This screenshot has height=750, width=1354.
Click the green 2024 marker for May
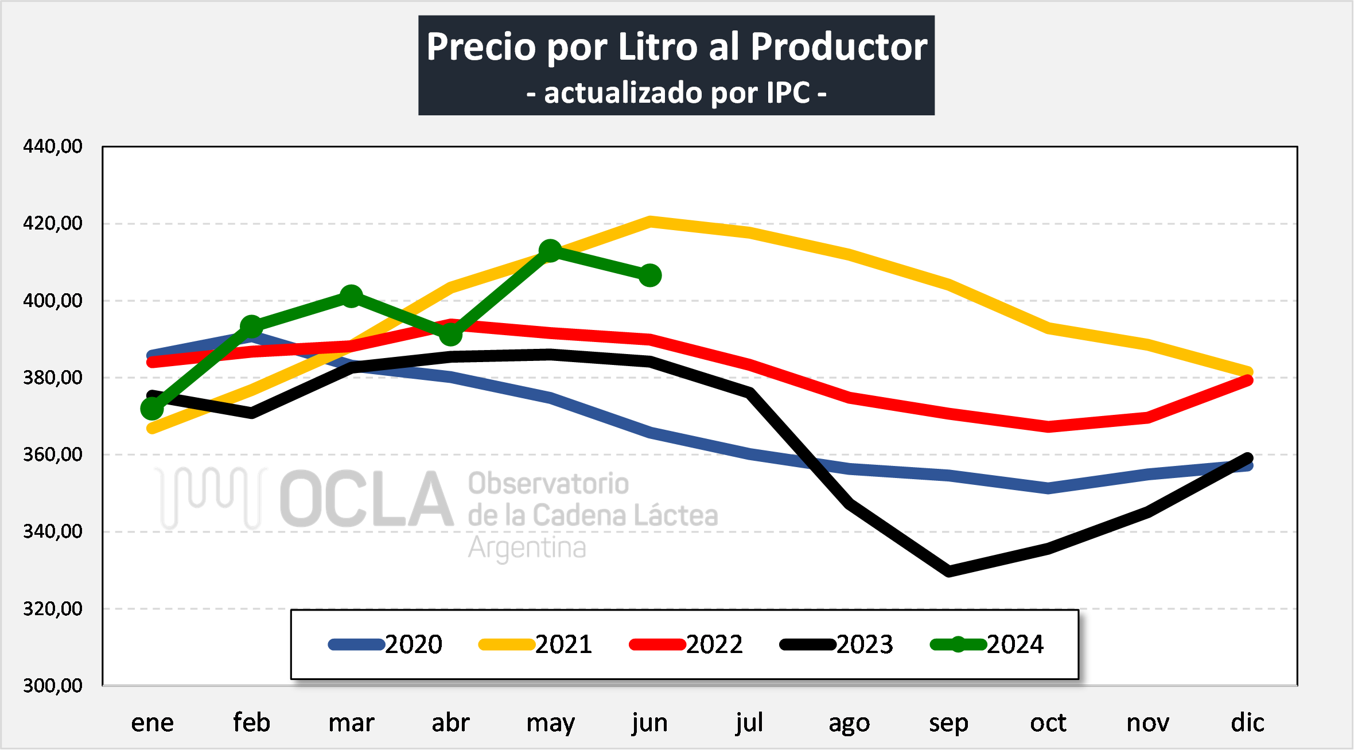tap(550, 251)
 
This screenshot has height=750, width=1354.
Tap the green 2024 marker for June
tap(649, 275)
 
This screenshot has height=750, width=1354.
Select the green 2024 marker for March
tap(351, 296)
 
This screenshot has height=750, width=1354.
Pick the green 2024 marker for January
tap(152, 409)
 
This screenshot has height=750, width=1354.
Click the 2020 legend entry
tap(386, 644)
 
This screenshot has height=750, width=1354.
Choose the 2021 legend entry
tap(536, 644)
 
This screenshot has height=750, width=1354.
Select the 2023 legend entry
tap(836, 644)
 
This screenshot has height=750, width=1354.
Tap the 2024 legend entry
tap(987, 644)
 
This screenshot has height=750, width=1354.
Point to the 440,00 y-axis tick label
tap(53, 146)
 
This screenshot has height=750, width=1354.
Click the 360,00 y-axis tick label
tap(53, 454)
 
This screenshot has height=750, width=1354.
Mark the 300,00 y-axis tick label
tap(53, 685)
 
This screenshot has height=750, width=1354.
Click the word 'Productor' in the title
tap(839, 46)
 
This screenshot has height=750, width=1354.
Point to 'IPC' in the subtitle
tap(788, 93)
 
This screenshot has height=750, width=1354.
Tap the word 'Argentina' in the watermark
tap(527, 548)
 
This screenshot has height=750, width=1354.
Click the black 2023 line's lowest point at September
tap(948, 571)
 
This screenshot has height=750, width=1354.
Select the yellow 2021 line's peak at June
tap(649, 221)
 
